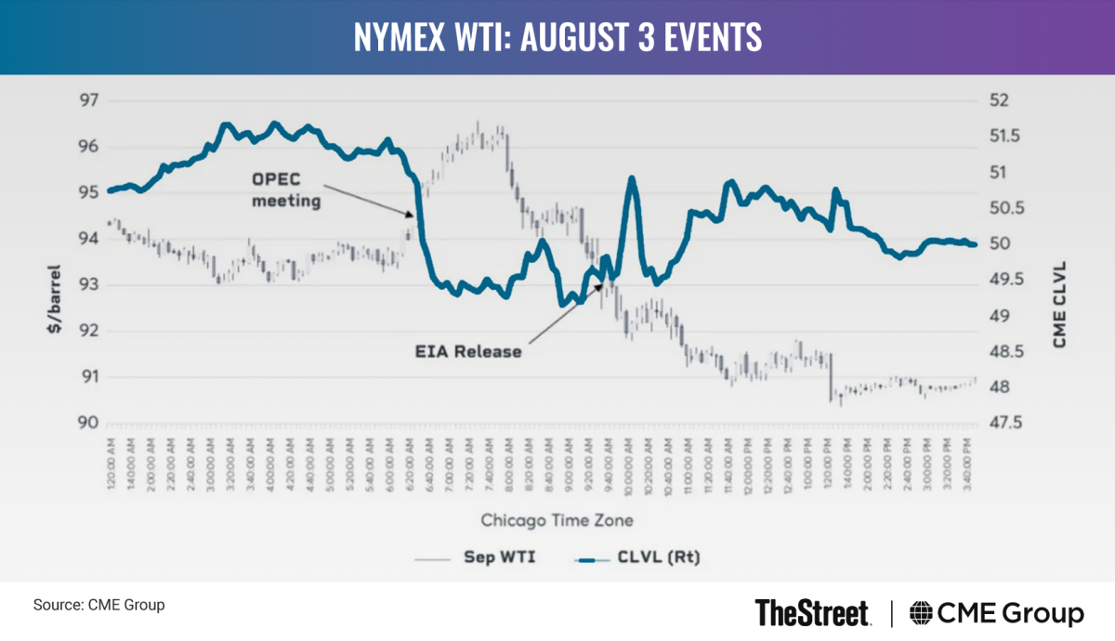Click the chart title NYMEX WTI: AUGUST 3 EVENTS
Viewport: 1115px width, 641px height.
pos(557,37)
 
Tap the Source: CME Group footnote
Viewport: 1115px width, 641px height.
pos(98,606)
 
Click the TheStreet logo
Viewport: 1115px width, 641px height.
pos(812,613)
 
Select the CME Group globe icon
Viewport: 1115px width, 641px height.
pos(922,614)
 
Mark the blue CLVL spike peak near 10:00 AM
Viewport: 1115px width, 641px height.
pos(632,177)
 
